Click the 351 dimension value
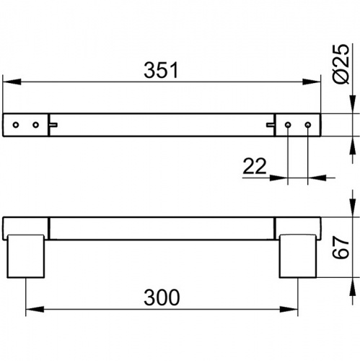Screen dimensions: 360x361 point(161,70)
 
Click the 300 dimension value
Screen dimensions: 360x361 point(162,297)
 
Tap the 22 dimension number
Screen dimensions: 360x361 point(255,166)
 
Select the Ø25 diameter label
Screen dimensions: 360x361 point(341,64)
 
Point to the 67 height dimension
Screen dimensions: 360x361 point(341,248)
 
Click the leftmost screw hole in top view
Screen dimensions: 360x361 point(16,125)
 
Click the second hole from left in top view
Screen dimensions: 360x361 point(36,125)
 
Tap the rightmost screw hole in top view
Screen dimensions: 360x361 point(308,125)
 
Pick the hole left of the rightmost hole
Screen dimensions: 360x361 point(288,125)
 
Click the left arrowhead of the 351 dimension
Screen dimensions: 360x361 point(12,82)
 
